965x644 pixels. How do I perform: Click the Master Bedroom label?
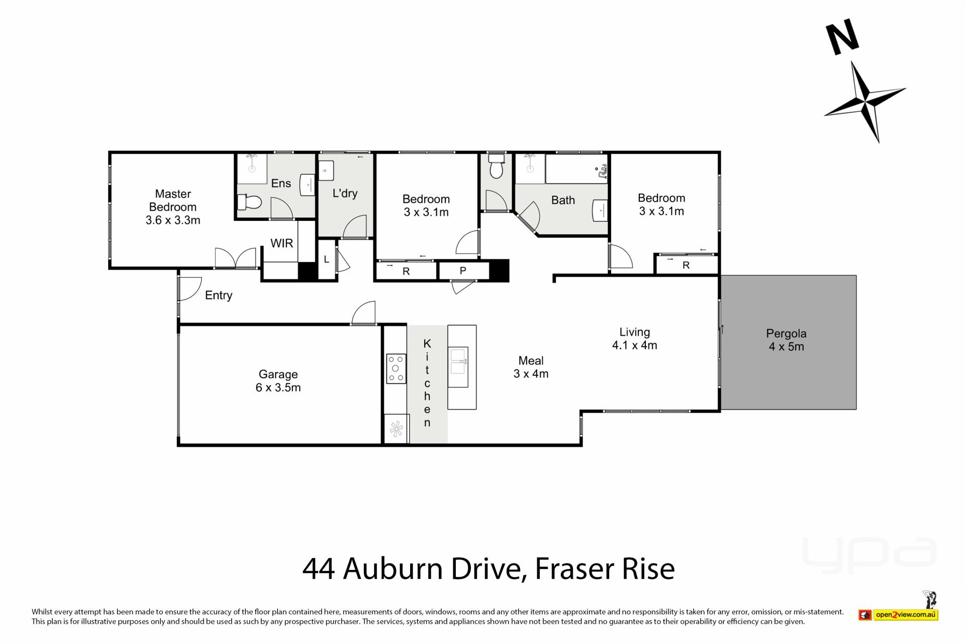pos(173,207)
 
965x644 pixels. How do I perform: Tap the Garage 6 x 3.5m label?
pos(278,381)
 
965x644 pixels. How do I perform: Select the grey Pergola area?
pos(789,342)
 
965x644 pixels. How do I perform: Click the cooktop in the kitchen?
pos(396,369)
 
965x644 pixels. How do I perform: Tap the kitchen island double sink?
pos(458,367)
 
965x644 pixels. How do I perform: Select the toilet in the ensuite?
pos(249,202)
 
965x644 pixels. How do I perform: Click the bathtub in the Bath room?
pos(577,169)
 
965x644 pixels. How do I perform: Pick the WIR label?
pos(281,244)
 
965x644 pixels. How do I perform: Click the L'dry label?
pos(345,193)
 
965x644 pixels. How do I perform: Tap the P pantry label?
pos(463,271)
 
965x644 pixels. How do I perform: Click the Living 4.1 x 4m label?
pos(634,339)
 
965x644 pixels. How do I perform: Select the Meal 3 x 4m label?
pos(531,367)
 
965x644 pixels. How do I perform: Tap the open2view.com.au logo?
pos(898,614)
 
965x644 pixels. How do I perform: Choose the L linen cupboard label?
pos(326,260)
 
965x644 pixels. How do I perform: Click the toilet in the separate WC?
pos(496,167)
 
